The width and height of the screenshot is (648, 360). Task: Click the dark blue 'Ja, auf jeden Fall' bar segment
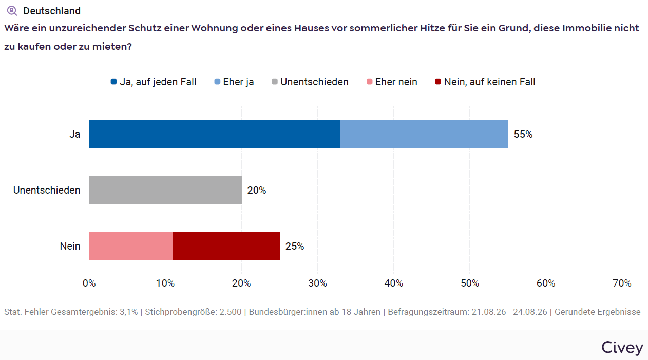[214, 134]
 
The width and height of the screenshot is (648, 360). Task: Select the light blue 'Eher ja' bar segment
[424, 134]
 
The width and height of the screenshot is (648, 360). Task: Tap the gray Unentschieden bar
[165, 190]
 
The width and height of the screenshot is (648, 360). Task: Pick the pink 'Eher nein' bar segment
[130, 246]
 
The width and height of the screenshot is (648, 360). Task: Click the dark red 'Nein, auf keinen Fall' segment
[226, 246]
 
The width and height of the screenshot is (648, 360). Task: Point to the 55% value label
[523, 134]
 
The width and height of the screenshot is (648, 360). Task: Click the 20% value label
[257, 190]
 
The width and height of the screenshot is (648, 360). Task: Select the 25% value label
[295, 247]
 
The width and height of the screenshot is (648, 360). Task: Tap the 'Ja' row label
[74, 134]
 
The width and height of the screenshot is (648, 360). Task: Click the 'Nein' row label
[70, 246]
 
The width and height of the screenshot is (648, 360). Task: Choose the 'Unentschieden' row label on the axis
[47, 190]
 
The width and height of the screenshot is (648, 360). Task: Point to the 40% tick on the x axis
[393, 283]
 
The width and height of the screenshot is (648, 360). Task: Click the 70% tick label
[622, 283]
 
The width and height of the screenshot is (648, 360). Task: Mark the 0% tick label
[89, 283]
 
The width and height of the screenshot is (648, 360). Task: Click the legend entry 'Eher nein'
[392, 82]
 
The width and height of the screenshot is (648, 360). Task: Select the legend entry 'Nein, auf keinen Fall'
[485, 82]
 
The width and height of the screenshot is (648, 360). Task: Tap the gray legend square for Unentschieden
[275, 82]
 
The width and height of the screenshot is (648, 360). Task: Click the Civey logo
[622, 347]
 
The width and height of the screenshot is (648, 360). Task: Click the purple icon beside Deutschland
[12, 11]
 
